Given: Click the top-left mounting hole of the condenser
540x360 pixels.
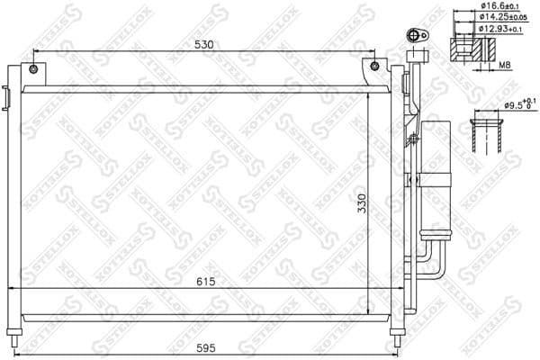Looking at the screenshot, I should [x=33, y=69].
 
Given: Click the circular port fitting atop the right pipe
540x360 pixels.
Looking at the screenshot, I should [x=415, y=37].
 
